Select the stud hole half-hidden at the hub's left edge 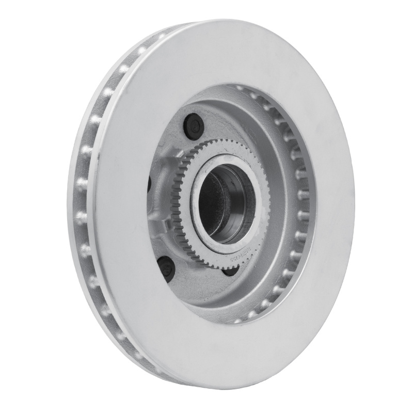click(149, 183)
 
